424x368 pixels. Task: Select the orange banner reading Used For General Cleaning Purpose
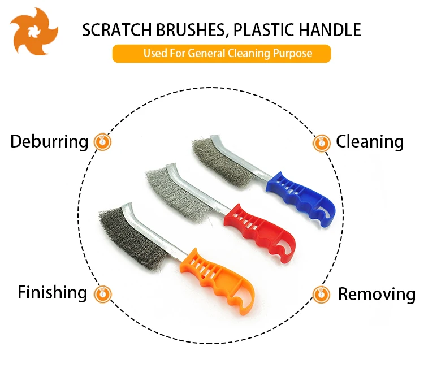click(221, 54)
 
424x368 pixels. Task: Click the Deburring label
click(49, 141)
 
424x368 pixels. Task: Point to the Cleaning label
click(370, 141)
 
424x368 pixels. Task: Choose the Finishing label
click(53, 292)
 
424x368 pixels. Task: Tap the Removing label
click(376, 294)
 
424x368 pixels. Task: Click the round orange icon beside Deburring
click(102, 141)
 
